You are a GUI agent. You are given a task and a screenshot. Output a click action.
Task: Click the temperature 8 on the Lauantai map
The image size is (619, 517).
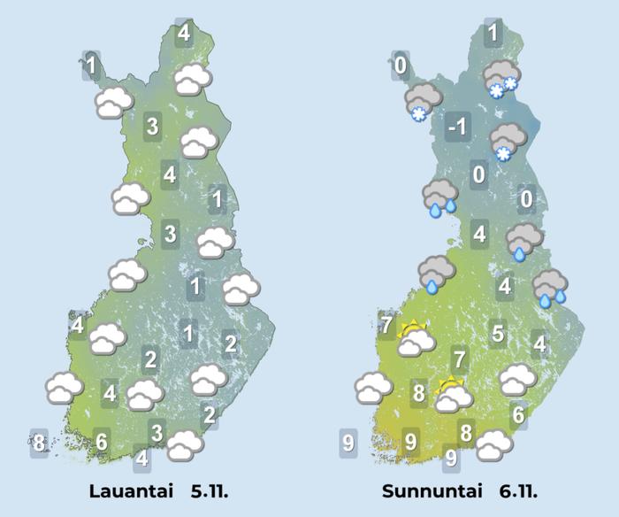38,441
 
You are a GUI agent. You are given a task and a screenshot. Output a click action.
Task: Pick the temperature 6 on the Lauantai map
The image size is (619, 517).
102,440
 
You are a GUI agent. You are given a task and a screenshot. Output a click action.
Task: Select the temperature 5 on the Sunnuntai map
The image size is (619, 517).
498,334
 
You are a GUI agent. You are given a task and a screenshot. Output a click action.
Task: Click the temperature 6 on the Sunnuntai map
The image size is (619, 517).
519,413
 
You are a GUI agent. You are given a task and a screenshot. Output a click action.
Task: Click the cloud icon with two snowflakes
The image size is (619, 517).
501,80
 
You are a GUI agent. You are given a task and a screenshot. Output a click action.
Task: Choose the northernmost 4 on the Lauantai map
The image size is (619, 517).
184,33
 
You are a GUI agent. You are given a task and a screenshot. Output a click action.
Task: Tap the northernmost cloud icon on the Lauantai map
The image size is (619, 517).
193,80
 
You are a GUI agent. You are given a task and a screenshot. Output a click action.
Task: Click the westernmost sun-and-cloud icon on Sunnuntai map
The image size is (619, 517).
415,338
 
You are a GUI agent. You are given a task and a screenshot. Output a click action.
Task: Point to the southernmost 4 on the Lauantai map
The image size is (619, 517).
142,459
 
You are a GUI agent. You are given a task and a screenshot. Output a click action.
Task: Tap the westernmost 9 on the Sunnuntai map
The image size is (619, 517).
348,441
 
